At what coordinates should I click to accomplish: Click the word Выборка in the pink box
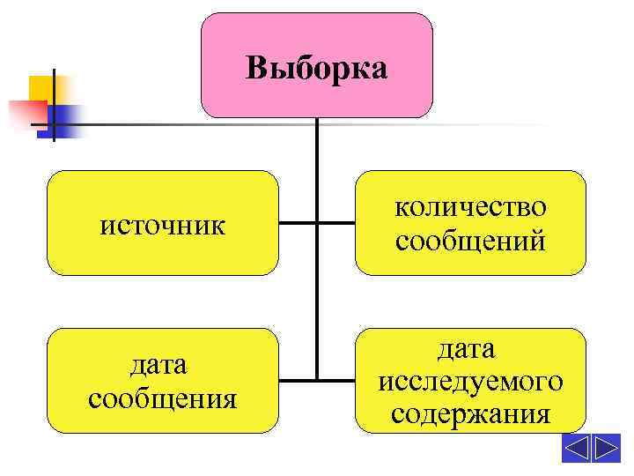[316, 68]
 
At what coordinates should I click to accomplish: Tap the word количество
[470, 208]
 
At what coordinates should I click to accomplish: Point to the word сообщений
[470, 240]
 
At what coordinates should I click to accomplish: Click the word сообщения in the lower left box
[162, 398]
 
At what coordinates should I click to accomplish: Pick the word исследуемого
[470, 382]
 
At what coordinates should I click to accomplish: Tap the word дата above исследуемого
[470, 349]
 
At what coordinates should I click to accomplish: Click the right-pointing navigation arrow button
[606, 448]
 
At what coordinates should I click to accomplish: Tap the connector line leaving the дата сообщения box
[297, 381]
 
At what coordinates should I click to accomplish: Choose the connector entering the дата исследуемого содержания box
[335, 381]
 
